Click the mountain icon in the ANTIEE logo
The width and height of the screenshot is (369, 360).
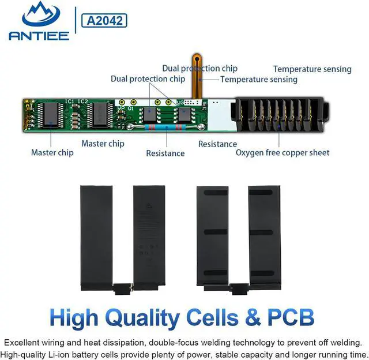[x=38, y=14]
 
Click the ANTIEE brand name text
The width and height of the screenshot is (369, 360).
[x=39, y=36]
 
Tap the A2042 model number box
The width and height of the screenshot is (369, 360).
[x=104, y=20]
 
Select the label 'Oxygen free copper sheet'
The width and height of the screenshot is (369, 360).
[x=283, y=153]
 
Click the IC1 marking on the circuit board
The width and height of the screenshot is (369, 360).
[x=70, y=102]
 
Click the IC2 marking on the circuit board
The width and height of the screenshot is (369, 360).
[x=84, y=102]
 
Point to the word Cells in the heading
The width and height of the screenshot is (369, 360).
[x=220, y=317]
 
